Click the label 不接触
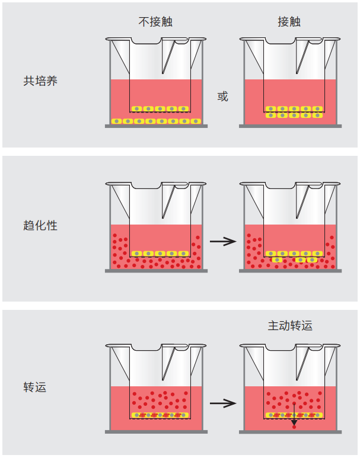[x=155, y=22]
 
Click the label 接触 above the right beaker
[x=289, y=22]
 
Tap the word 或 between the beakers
[x=222, y=96]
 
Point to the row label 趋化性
[x=40, y=225]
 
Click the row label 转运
[x=35, y=387]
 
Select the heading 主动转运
[x=290, y=325]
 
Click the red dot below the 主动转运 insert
[x=294, y=428]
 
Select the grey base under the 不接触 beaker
[x=156, y=126]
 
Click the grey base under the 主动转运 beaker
[x=290, y=431]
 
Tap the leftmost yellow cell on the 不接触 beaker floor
[x=116, y=121]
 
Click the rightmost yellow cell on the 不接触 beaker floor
[x=195, y=121]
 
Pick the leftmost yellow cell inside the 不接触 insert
[x=137, y=109]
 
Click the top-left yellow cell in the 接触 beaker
[x=271, y=109]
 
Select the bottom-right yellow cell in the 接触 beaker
[x=318, y=115]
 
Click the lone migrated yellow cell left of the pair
[x=277, y=260]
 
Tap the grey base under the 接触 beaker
[x=290, y=126]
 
